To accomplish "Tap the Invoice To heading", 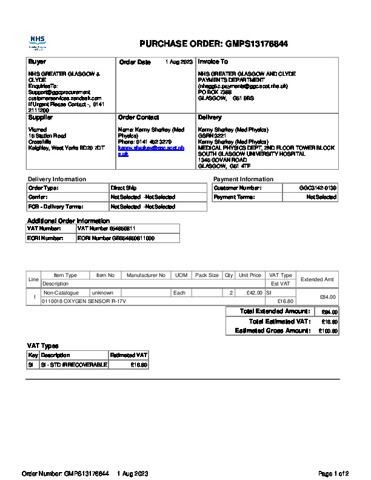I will (x=213, y=62).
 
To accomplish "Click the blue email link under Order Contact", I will (x=150, y=151).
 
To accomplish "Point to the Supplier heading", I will (x=41, y=117).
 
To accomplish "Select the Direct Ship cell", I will (x=124, y=188).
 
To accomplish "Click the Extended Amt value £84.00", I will (x=327, y=297).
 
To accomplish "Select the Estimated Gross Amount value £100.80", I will (x=328, y=332).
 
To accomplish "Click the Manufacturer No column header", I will (x=145, y=275).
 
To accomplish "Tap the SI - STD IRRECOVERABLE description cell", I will (x=73, y=365).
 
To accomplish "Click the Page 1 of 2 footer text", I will (x=333, y=473).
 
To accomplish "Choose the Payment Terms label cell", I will (x=233, y=198).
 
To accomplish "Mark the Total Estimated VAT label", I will (x=279, y=322).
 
